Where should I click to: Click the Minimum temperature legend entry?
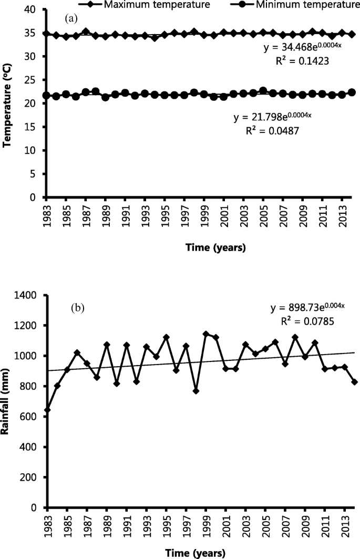tap(300, 5)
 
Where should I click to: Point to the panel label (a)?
tap(71, 19)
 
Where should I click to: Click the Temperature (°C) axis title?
tap(7, 103)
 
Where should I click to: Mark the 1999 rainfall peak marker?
tap(205, 334)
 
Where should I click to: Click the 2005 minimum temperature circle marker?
tap(263, 91)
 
